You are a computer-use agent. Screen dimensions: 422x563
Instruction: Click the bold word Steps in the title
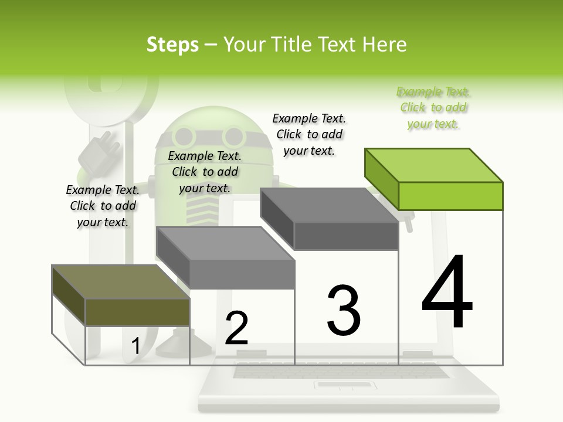172,45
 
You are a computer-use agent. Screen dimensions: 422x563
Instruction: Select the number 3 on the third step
344,311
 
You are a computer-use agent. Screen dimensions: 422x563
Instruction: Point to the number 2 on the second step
237,328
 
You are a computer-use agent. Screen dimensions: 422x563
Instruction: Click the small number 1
135,346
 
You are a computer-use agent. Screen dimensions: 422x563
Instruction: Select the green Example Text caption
433,108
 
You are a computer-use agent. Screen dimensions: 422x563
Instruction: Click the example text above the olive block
103,206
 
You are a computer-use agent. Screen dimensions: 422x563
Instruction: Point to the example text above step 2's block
205,172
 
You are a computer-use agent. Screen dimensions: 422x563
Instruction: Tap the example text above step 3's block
309,134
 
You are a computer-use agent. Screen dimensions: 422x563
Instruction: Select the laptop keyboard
340,371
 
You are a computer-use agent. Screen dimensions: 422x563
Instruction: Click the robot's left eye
185,136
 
